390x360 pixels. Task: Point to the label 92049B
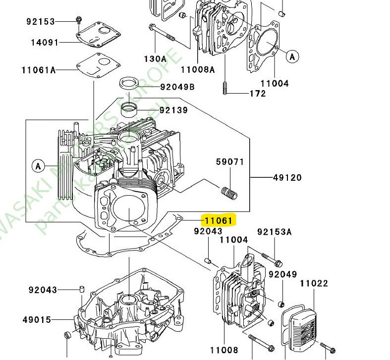coord(177,88)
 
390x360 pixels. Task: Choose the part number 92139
coord(173,110)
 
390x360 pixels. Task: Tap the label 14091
coord(44,43)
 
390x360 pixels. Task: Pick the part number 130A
coord(155,58)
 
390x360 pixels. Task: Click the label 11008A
coord(198,69)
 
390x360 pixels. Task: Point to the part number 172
coord(257,93)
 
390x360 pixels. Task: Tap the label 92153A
coord(275,231)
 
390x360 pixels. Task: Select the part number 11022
coord(314,283)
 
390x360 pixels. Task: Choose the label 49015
coord(37,319)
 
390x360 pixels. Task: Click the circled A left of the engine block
coord(38,165)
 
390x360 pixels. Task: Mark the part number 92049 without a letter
coord(282,274)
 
